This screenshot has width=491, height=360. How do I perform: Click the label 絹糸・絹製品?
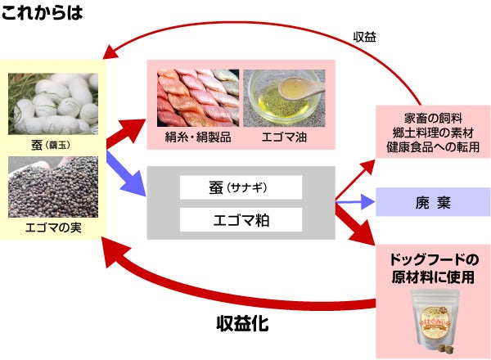pyautogui.click(x=196, y=137)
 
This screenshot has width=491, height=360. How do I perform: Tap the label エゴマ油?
pyautogui.click(x=283, y=137)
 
